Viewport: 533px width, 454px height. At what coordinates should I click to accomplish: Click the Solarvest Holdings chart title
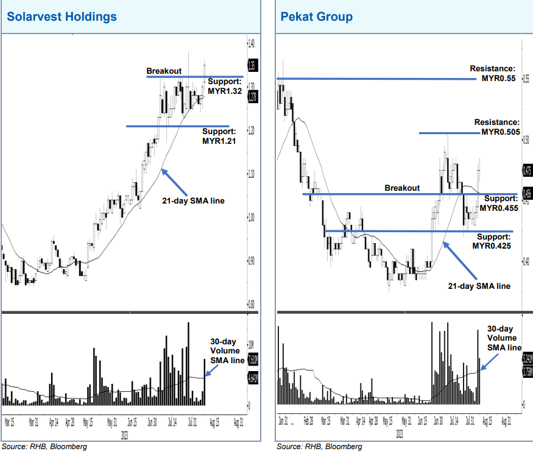click(62, 16)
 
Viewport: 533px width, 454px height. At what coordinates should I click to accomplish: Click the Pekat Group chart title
click(316, 16)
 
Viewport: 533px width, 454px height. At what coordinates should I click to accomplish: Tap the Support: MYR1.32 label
click(225, 86)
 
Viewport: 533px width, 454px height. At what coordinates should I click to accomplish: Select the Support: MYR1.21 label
click(219, 136)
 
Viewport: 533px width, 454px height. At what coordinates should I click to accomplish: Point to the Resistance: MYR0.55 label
click(493, 74)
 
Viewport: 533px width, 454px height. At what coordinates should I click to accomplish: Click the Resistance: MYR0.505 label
click(497, 127)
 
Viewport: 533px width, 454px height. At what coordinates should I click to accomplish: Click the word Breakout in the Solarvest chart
click(164, 71)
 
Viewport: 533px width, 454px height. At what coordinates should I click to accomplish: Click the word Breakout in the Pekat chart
click(402, 188)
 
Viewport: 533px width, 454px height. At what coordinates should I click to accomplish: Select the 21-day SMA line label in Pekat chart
click(479, 285)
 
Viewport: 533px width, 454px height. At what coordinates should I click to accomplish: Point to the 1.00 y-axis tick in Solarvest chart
click(252, 218)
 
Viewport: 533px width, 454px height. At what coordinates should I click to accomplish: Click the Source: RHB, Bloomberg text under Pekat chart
click(319, 447)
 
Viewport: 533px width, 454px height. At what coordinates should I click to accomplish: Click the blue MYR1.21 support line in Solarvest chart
click(177, 126)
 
